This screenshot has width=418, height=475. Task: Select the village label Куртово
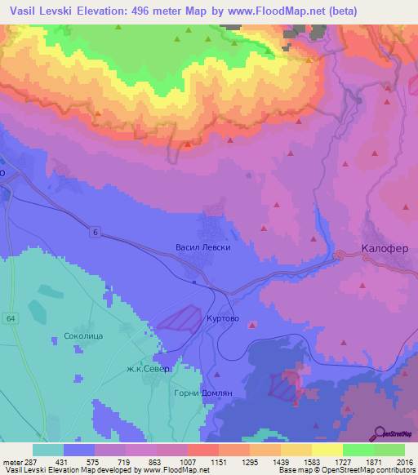pos(222,319)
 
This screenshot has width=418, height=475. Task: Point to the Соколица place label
pos(82,335)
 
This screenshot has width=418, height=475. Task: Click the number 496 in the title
pos(138,11)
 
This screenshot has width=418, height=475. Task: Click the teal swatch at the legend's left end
pos(48,450)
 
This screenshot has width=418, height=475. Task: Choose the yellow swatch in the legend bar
pos(327,450)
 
